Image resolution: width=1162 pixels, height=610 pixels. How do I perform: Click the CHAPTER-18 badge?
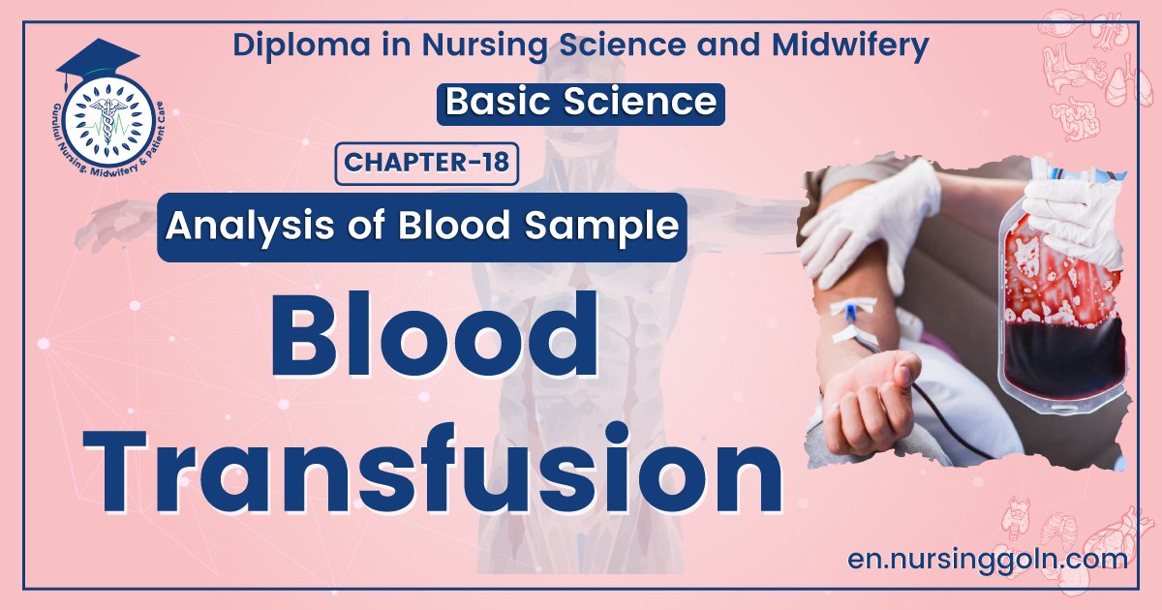coord(426,163)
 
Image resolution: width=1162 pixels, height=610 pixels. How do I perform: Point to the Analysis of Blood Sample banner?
coord(421,227)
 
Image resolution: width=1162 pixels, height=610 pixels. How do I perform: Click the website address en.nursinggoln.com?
coord(987,559)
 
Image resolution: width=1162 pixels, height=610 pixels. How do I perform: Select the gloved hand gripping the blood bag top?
coord(1075,207)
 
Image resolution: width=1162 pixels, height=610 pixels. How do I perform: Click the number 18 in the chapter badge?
coord(495,163)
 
